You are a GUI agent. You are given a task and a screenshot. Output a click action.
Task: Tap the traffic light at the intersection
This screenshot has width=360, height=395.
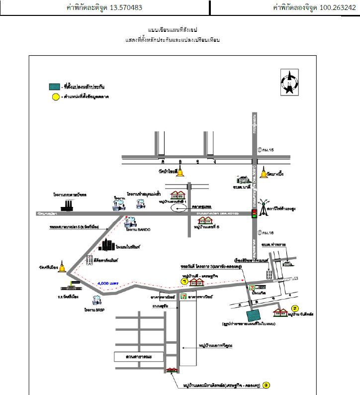(x=254, y=212)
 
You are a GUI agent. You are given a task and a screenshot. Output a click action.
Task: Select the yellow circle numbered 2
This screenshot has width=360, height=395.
(x=294, y=308)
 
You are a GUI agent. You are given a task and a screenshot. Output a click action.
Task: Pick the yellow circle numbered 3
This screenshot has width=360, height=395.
(x=267, y=384)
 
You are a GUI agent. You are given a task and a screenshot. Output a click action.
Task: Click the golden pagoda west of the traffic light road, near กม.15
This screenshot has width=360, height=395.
(x=180, y=172)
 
